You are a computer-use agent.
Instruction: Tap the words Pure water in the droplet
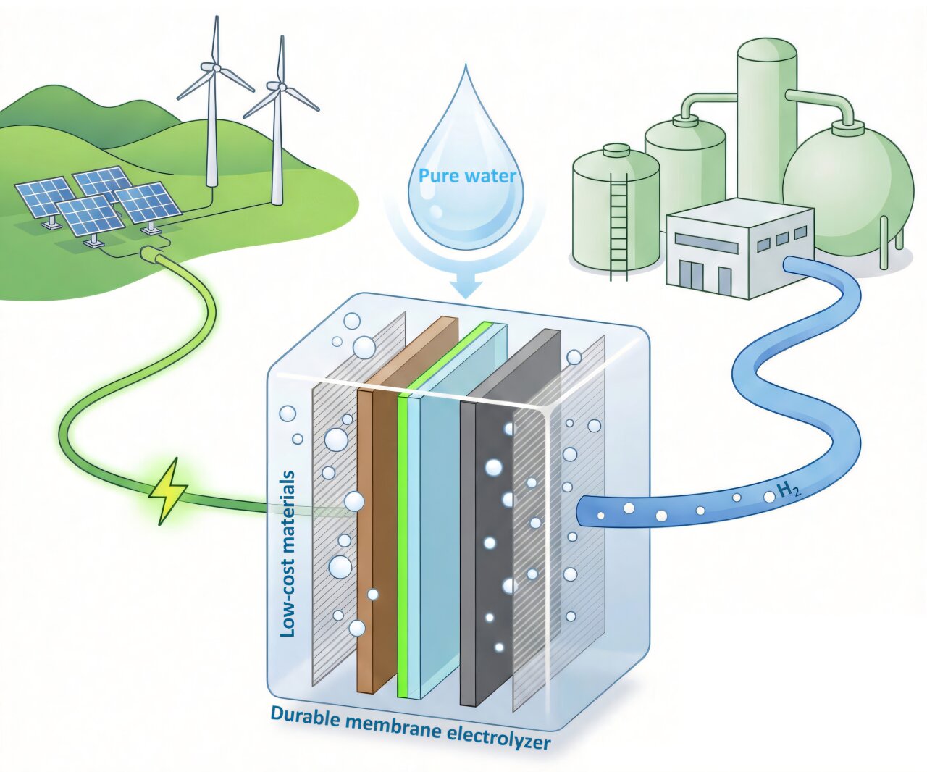point(467,175)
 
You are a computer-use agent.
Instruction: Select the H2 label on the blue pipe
point(789,492)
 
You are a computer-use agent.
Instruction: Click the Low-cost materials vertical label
point(288,554)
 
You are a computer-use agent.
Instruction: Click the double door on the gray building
point(691,275)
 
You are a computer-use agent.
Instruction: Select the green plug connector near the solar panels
point(152,255)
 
